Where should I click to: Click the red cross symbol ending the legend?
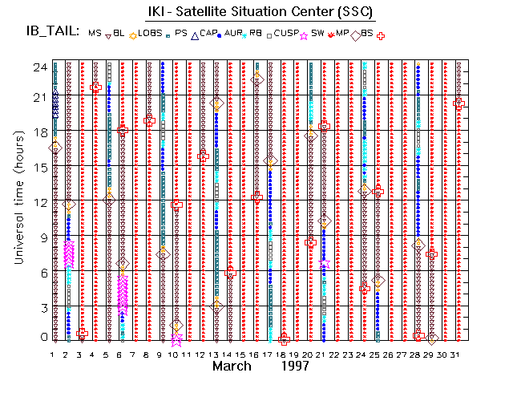coord(382,35)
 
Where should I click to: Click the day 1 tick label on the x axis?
coord(53,353)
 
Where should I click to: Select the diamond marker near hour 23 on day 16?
coord(257,79)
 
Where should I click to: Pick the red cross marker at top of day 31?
coord(458,103)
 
